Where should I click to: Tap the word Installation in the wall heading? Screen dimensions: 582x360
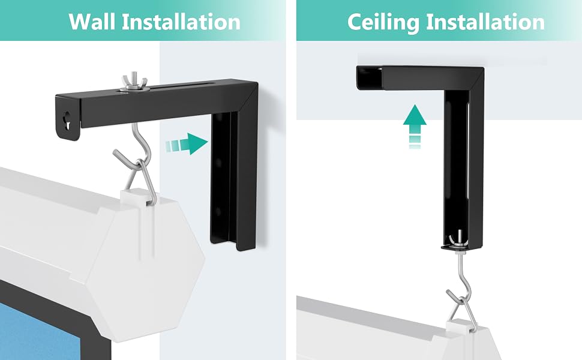tap(181, 22)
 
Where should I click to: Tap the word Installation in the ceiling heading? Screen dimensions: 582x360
tap(485, 22)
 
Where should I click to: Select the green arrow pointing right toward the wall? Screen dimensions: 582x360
tap(187, 143)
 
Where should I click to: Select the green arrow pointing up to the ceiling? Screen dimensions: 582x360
tap(415, 126)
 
